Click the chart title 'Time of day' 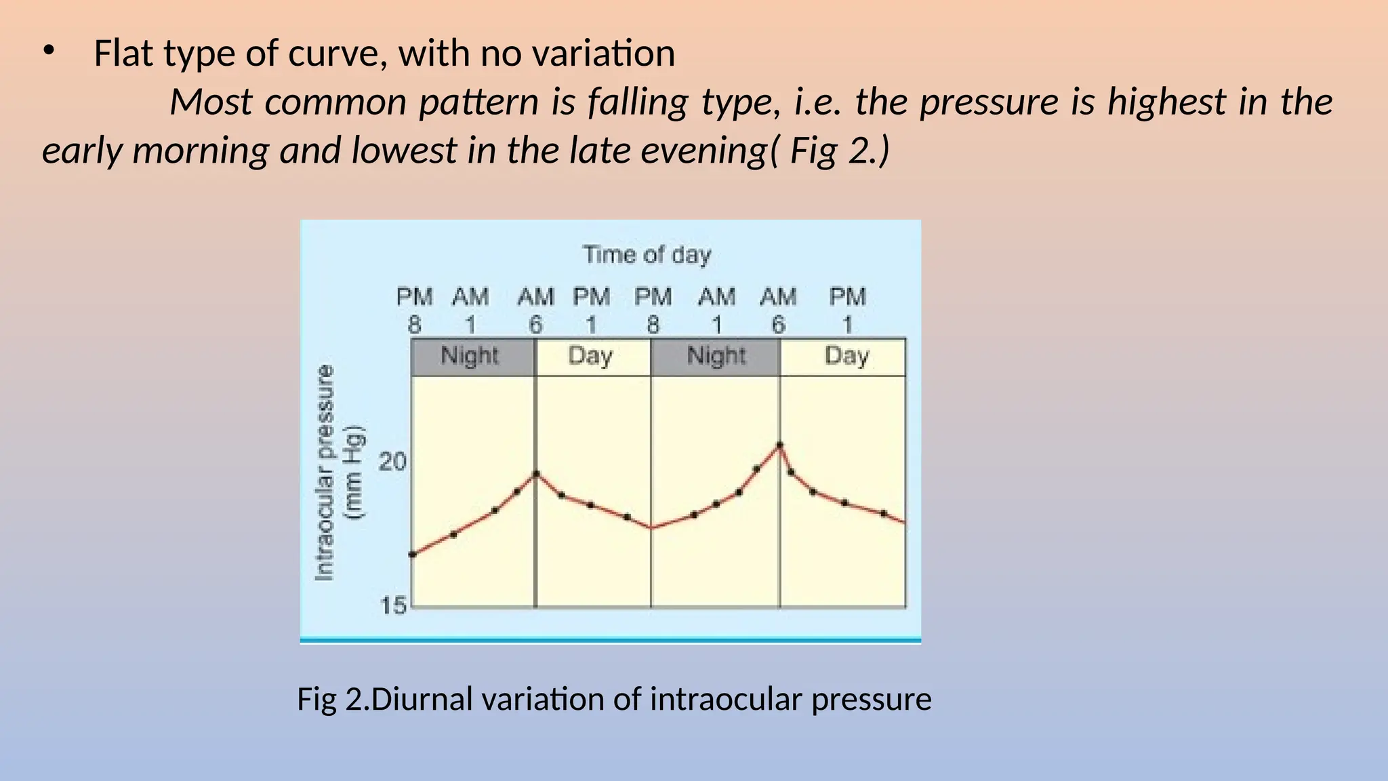coord(647,255)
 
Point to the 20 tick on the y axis coord(392,462)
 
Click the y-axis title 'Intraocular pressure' coord(325,473)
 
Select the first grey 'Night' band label coord(469,356)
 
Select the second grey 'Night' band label coord(716,356)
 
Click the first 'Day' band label coord(590,356)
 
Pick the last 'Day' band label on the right coord(846,356)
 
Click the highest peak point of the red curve coord(779,445)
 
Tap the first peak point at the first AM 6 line coord(537,474)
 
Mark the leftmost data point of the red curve coord(413,555)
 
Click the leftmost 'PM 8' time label coord(414,311)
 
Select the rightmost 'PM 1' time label coord(847,311)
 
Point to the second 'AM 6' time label coord(777,311)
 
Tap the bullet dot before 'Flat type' coord(48,51)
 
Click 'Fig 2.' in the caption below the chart coord(333,699)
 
